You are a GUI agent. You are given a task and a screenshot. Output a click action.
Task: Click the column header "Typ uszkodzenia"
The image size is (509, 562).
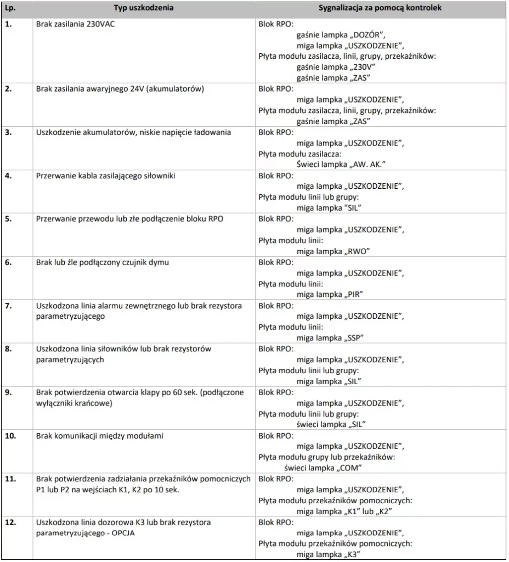[x=144, y=8]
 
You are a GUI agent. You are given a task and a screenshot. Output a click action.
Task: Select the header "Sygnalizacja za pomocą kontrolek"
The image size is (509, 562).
[x=380, y=8]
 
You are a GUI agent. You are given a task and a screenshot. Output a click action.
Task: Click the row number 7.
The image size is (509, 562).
[x=9, y=305]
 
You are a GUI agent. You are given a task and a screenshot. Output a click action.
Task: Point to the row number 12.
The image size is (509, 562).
[x=11, y=522]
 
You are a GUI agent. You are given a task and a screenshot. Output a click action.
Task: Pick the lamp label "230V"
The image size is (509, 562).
[x=363, y=66]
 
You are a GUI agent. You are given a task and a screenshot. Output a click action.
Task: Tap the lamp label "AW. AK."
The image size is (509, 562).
[x=371, y=164]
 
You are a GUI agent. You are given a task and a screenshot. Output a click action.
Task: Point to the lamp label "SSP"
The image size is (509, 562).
[x=357, y=337]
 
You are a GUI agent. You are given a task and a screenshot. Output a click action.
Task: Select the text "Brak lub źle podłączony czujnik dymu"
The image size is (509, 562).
[x=103, y=262]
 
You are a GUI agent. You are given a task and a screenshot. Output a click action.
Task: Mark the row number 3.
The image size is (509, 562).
[x=9, y=132]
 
